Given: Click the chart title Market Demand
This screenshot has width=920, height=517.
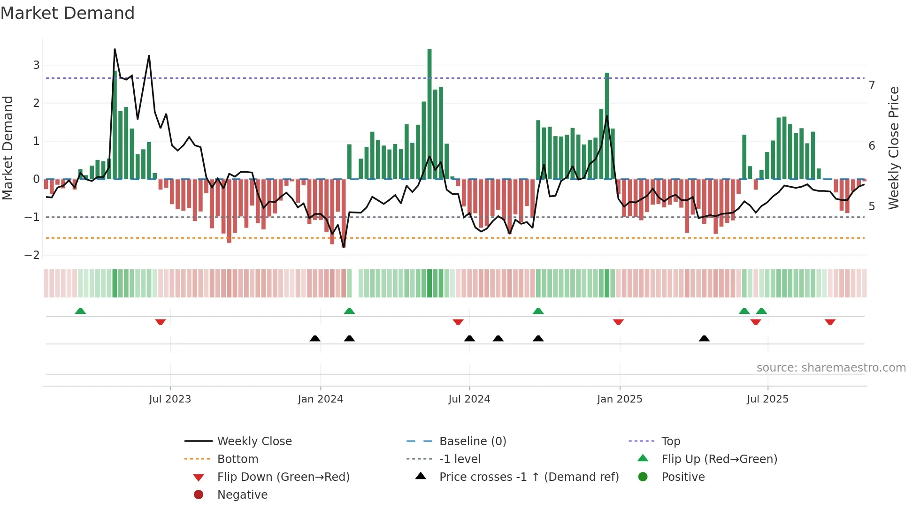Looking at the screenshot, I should pos(68,13).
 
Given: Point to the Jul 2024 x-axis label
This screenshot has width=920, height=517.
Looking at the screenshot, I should pos(469,399).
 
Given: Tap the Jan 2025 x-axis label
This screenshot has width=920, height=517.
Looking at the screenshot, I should pos(620,399).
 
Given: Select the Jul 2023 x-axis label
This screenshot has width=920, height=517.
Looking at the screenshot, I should pos(170,399).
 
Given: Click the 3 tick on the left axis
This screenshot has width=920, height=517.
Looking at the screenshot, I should pos(36,65).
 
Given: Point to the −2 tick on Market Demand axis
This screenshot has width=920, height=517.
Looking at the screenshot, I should pos(32,255).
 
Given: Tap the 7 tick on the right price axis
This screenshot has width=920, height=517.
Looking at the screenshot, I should pos(872,85).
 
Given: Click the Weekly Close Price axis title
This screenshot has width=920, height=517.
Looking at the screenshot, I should pos(894,148).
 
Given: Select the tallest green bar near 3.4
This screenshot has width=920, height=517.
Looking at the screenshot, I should pos(429,113).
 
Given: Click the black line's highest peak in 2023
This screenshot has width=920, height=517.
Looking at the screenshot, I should pos(115,50).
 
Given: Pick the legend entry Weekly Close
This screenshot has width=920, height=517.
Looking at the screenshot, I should pos(254,441).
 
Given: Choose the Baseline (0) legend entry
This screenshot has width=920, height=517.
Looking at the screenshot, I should pos(472,441).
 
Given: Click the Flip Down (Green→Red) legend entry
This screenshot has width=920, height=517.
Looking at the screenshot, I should pos(283,477).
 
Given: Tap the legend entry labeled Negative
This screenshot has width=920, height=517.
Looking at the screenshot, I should pos(242,495).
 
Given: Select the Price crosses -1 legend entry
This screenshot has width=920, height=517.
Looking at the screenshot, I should pos(529,477).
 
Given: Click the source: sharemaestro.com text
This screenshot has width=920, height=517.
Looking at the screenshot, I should pos(831,368).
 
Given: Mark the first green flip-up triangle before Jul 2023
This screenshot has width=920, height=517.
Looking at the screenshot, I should pos(80,311).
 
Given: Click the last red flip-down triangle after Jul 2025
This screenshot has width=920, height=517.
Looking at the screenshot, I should pos(830,322).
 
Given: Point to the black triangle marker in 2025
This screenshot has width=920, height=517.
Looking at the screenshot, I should pos(704,338).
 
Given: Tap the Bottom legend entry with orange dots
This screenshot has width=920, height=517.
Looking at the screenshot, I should pos(238,459).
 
